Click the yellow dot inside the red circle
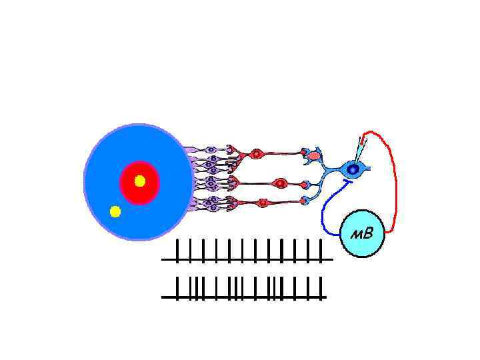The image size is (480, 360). coord(140,181)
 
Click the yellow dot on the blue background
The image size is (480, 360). coord(115,212)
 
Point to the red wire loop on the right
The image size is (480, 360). coord(395,180)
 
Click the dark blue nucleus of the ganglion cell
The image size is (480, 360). coord(353,170)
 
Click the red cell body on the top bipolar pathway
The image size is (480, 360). coord(256,155)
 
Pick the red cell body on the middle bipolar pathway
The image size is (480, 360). coord(281,183)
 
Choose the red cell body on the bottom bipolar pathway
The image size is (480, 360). coord(263,203)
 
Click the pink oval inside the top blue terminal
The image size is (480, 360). coord(314,156)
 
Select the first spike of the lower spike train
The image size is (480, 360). coord(177,287)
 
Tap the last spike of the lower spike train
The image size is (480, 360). coord(321,287)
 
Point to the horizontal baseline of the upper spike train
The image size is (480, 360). coord(247,260)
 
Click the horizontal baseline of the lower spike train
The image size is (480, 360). coord(247,297)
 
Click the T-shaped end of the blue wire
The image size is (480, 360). coord(345,181)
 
